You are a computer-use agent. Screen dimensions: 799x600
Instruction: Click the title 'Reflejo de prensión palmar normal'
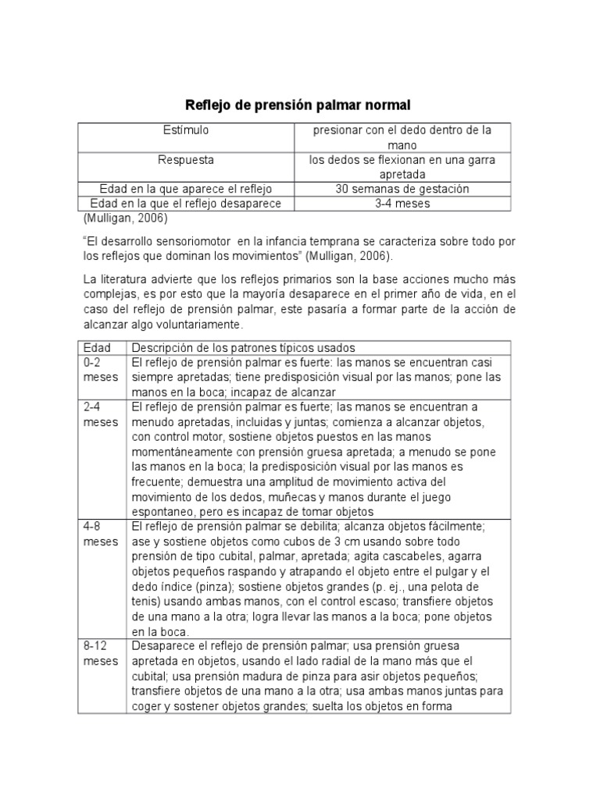pyautogui.click(x=297, y=104)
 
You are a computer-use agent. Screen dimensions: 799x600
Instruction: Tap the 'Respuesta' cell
pyautogui.click(x=186, y=160)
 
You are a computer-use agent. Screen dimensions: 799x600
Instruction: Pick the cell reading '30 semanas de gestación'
pyautogui.click(x=402, y=189)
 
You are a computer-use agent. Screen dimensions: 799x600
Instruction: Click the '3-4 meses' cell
pyautogui.click(x=402, y=203)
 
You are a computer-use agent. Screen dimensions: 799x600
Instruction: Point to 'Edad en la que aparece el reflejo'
pyautogui.click(x=185, y=189)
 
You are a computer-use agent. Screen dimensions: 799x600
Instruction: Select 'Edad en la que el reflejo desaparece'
pyautogui.click(x=185, y=203)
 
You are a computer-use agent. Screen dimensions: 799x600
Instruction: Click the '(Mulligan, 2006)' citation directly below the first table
pyautogui.click(x=125, y=218)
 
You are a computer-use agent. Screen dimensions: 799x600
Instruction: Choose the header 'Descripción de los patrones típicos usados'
pyautogui.click(x=243, y=347)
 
